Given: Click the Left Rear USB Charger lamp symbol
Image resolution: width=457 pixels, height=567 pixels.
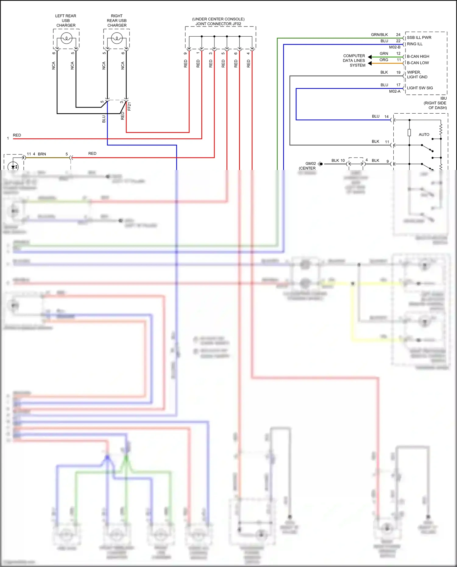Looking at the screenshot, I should pyautogui.click(x=66, y=38).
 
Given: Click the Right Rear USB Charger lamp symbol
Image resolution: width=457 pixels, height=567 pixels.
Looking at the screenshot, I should pyautogui.click(x=117, y=38).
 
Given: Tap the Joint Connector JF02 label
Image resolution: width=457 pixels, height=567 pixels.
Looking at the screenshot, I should pyautogui.click(x=218, y=24).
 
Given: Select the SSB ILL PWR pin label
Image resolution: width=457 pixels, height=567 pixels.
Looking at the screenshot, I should pyautogui.click(x=419, y=37).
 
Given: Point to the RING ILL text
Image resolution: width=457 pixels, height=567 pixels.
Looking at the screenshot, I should pyautogui.click(x=415, y=44).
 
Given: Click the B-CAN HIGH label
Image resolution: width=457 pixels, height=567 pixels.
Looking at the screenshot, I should pyautogui.click(x=418, y=56).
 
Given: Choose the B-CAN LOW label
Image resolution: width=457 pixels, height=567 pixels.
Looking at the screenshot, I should pyautogui.click(x=418, y=63).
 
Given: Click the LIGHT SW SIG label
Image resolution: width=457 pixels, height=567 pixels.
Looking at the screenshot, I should pyautogui.click(x=420, y=88).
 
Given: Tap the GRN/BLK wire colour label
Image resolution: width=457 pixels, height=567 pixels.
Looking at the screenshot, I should pyautogui.click(x=379, y=34).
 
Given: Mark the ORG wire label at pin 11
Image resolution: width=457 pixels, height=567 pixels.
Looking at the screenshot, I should pyautogui.click(x=384, y=60).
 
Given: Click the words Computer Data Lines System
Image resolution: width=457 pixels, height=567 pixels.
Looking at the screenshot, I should pyautogui.click(x=354, y=60).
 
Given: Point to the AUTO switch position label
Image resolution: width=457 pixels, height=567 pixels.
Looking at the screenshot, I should pyautogui.click(x=424, y=134).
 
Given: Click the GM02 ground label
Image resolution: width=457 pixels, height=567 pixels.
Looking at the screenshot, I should pyautogui.click(x=310, y=164).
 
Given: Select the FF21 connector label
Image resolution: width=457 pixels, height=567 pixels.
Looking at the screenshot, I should pyautogui.click(x=129, y=107).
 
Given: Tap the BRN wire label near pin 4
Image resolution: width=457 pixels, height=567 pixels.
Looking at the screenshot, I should pyautogui.click(x=42, y=154).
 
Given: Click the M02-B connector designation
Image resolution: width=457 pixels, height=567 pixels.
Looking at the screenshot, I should pyautogui.click(x=395, y=47).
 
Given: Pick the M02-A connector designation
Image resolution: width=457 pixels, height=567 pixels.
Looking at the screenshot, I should pyautogui.click(x=395, y=91).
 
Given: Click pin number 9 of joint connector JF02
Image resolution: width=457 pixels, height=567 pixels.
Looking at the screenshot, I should pyautogui.click(x=185, y=53).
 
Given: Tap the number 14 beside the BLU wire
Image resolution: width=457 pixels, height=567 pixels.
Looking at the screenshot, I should pyautogui.click(x=386, y=116).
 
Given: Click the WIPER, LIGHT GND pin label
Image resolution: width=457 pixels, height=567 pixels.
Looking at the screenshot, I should pyautogui.click(x=417, y=75).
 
